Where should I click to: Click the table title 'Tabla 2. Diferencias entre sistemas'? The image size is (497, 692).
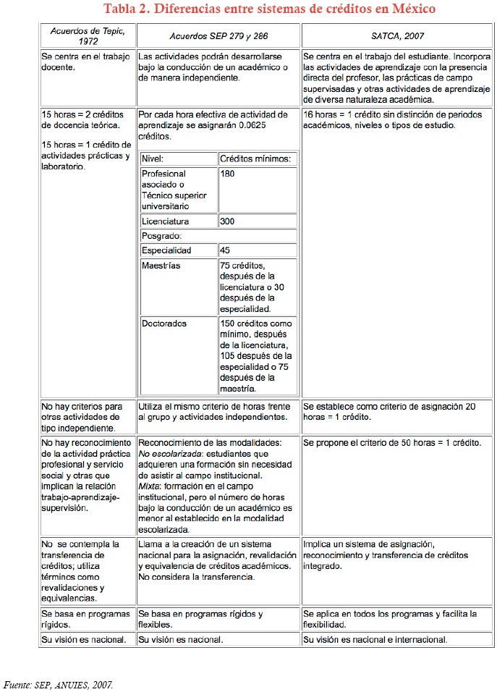tap(269, 9)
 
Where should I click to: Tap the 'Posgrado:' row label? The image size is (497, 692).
tap(161, 236)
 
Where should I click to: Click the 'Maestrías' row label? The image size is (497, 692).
tap(161, 266)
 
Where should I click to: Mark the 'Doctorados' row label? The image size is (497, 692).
tap(164, 324)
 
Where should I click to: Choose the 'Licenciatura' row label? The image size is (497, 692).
tap(166, 221)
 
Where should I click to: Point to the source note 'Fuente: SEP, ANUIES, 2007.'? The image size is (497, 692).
tap(59, 684)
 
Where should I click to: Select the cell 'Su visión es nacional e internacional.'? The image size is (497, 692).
tap(375, 640)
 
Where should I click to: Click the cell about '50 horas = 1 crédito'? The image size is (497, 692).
tap(392, 442)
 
